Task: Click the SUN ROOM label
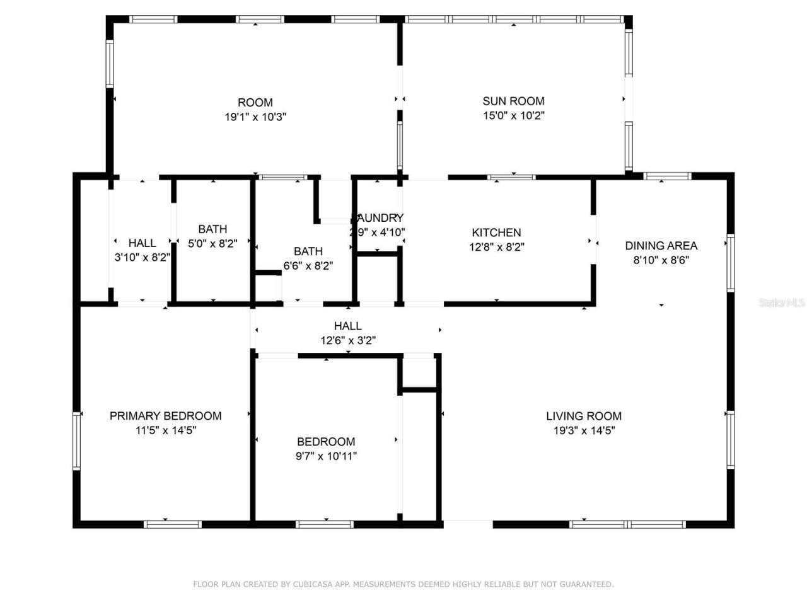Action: pyautogui.click(x=513, y=101)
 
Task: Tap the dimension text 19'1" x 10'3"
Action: pyautogui.click(x=255, y=117)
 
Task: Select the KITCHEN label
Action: pyautogui.click(x=496, y=233)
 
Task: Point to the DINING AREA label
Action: pyautogui.click(x=661, y=246)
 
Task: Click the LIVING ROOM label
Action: pyautogui.click(x=583, y=416)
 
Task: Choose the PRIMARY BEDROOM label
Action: pyautogui.click(x=165, y=416)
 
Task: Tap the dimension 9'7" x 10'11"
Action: pyautogui.click(x=326, y=456)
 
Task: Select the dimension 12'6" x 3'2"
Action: pyautogui.click(x=348, y=341)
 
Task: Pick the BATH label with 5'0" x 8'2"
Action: pyautogui.click(x=212, y=229)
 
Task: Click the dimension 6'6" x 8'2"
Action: pyautogui.click(x=308, y=266)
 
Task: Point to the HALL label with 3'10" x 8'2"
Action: pyautogui.click(x=142, y=243)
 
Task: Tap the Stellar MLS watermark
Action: pyautogui.click(x=781, y=303)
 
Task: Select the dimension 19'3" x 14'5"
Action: pyautogui.click(x=583, y=431)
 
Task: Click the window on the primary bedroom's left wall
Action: pyautogui.click(x=76, y=441)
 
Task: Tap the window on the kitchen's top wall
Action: pyautogui.click(x=511, y=177)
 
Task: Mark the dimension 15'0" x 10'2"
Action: pyautogui.click(x=513, y=116)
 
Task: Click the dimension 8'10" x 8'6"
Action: pyautogui.click(x=661, y=260)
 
